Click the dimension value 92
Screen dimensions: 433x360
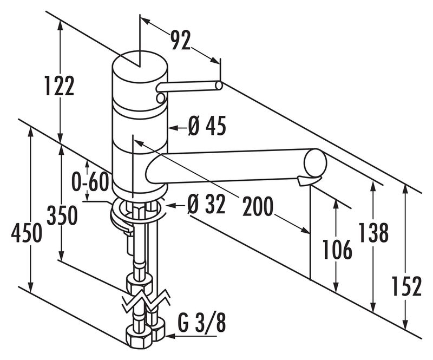(x=181, y=40)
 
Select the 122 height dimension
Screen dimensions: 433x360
(x=60, y=86)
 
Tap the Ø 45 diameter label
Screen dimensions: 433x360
(x=207, y=126)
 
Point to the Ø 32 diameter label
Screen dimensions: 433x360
(x=206, y=205)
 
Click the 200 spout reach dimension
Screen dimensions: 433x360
(x=258, y=206)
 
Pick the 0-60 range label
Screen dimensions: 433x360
(x=90, y=181)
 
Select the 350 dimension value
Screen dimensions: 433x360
(x=62, y=215)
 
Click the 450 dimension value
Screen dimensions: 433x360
(x=27, y=233)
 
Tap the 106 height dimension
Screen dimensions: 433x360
(x=337, y=250)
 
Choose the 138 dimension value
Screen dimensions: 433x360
(x=373, y=232)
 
